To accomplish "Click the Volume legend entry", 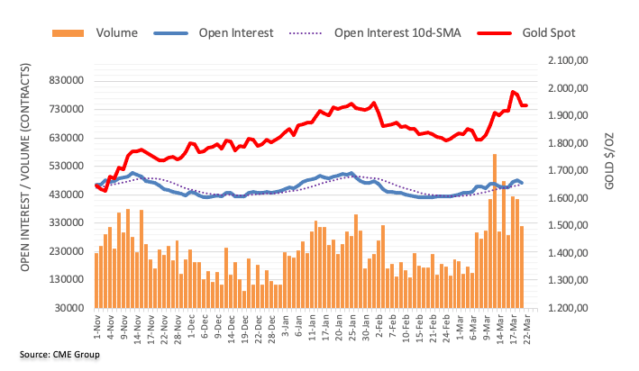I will [x=116, y=33].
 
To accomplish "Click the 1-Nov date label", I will [x=96, y=327].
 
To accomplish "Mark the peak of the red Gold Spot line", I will [x=513, y=92].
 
